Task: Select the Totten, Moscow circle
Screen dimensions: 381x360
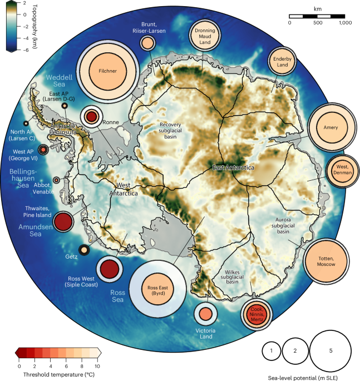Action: tap(327, 263)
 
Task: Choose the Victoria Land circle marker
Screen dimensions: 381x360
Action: tap(205, 314)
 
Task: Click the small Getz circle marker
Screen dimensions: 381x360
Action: tap(83, 251)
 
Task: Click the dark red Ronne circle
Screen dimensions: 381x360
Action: tap(92, 117)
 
